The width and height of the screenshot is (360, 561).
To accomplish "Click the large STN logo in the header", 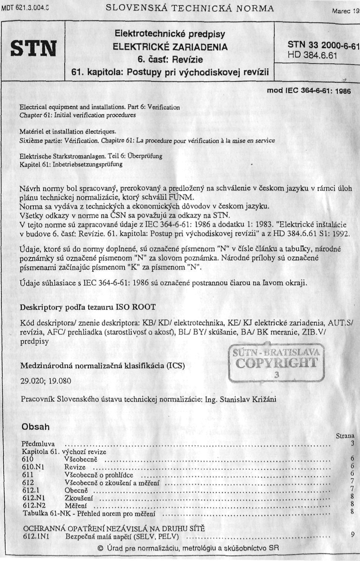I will pos(33,49).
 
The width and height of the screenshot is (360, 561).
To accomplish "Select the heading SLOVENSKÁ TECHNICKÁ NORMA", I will pos(190,8).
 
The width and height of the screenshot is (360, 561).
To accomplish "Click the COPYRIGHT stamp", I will pos(276,362).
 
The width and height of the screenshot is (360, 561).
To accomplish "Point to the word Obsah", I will pos(35,427).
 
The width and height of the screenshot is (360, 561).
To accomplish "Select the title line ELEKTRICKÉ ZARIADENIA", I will pos(170,47).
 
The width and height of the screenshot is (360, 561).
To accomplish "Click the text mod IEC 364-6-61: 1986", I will pos(309,91).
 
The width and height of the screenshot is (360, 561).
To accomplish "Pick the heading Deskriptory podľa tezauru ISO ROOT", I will pos(88,307).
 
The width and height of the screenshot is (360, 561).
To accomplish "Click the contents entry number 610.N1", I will pos(33,467).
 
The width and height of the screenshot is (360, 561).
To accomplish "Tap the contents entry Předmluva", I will pos(38,444).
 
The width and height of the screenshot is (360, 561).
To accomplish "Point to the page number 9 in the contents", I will pos(353,534).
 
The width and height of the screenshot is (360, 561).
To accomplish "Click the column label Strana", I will pos(345,436).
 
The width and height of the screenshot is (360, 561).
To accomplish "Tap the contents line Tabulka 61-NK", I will pos(89,514).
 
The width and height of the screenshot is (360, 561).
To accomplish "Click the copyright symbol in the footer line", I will pos(100,548).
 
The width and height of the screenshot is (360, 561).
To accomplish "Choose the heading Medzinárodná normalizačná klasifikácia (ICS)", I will pos(102,365).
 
